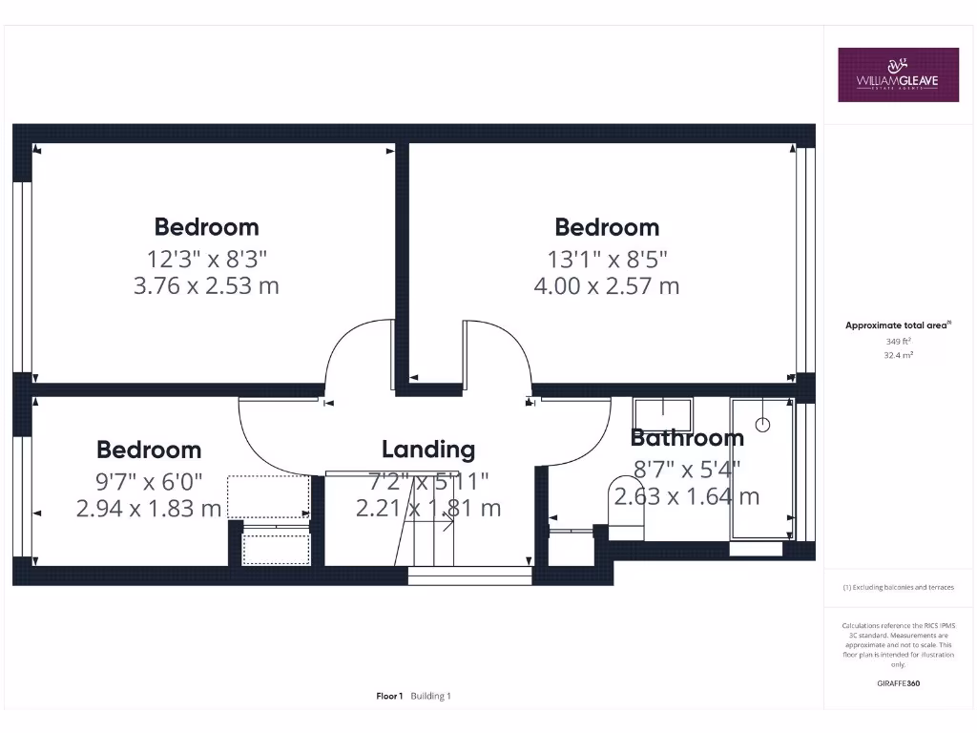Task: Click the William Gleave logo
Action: [x=898, y=74]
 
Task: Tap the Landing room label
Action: [x=428, y=450]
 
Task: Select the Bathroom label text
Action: [x=687, y=438]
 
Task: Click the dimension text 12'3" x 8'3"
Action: [x=206, y=257]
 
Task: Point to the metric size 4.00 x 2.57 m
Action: [x=607, y=285]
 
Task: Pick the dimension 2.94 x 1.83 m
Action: [x=149, y=508]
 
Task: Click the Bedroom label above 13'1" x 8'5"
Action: [x=607, y=227]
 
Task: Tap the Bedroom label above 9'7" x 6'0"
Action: [x=149, y=450]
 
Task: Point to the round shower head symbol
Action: [x=762, y=423]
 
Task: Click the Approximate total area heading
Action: [x=897, y=325]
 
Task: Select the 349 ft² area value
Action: [x=897, y=341]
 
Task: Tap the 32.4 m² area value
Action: [x=897, y=355]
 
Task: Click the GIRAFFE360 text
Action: [x=897, y=683]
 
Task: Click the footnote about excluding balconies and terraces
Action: [x=897, y=588]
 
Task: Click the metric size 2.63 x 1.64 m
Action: [x=687, y=496]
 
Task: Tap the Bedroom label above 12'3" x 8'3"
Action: [x=206, y=227]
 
